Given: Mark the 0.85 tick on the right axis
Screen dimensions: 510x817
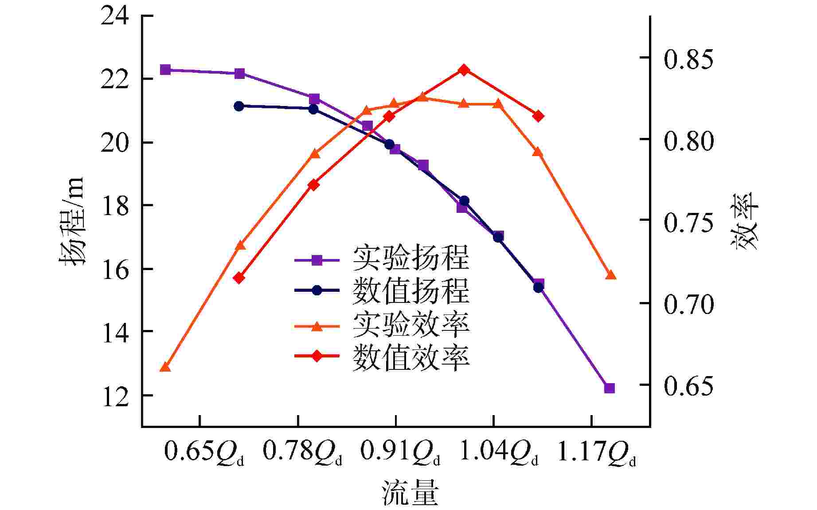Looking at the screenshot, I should click(689, 59).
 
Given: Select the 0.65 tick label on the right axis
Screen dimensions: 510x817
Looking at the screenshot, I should click(689, 386).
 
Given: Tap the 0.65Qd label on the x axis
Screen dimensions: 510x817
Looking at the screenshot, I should click(204, 453).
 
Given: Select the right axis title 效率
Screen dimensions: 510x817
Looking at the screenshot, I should click(748, 221).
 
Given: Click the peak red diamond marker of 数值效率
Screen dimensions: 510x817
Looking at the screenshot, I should click(464, 70).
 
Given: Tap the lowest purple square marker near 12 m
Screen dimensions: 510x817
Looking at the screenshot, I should click(610, 388).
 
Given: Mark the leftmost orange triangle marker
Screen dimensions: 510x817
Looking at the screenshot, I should click(165, 367).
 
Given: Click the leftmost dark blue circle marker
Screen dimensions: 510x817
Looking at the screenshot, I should click(239, 106).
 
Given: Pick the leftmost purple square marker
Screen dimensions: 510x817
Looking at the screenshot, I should click(165, 70).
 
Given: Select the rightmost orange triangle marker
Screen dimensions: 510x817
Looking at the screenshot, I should click(611, 275).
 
